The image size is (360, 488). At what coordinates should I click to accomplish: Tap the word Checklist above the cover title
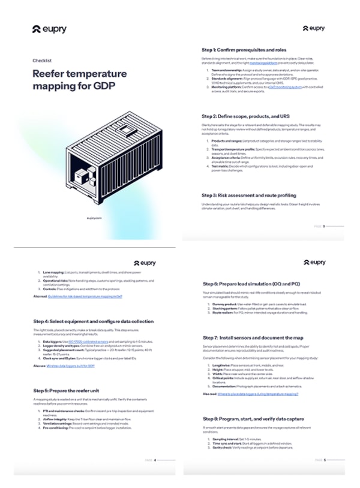coord(41,60)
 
